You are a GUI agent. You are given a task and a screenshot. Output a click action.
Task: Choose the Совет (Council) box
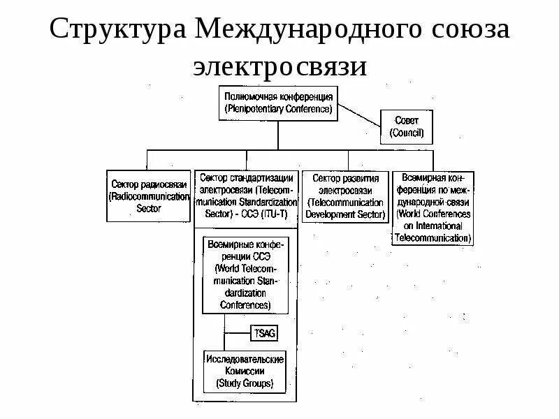406,126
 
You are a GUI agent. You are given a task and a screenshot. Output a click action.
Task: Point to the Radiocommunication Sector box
148,196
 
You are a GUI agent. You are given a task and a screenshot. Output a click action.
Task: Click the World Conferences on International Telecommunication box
433,207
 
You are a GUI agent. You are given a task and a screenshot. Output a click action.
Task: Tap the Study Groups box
245,371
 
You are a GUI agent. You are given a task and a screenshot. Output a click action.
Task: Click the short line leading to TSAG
238,332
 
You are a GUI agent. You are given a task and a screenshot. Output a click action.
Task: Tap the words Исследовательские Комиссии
245,365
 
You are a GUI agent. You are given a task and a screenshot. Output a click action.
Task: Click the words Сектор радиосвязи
148,183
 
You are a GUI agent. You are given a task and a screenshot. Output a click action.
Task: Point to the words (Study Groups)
245,383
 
